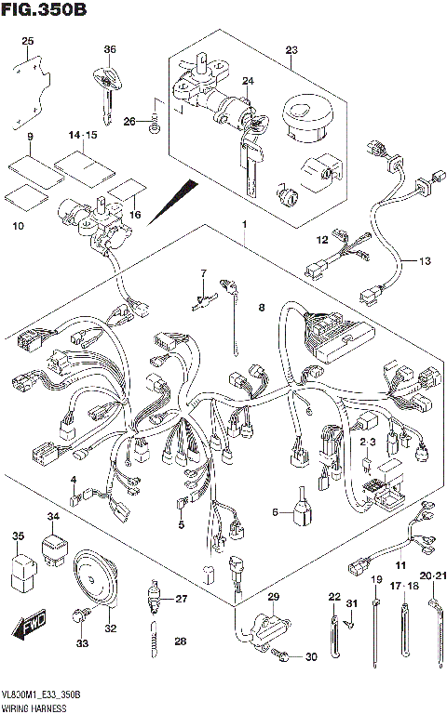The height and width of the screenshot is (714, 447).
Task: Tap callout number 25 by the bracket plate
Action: click(27, 41)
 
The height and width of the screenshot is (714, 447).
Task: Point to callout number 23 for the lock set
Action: click(291, 49)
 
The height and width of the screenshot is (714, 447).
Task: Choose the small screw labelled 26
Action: click(156, 120)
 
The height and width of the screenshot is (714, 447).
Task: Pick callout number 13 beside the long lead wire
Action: click(424, 261)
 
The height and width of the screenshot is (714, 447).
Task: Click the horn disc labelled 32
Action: click(99, 575)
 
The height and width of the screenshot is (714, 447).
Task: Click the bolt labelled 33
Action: click(81, 615)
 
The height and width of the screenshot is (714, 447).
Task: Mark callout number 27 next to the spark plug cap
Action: click(182, 598)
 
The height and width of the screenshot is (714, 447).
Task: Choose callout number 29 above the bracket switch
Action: click(273, 596)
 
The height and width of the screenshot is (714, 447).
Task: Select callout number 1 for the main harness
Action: click(245, 225)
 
